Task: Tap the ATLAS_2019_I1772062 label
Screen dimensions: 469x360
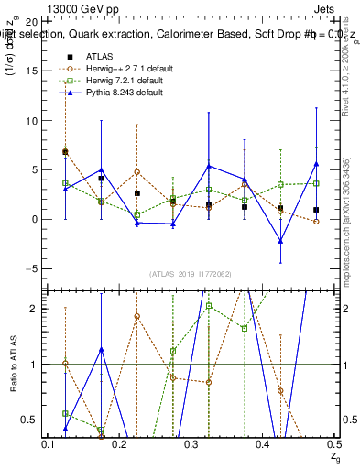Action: pyautogui.click(x=190, y=273)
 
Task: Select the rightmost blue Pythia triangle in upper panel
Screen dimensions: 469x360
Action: pyautogui.click(x=316, y=164)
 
